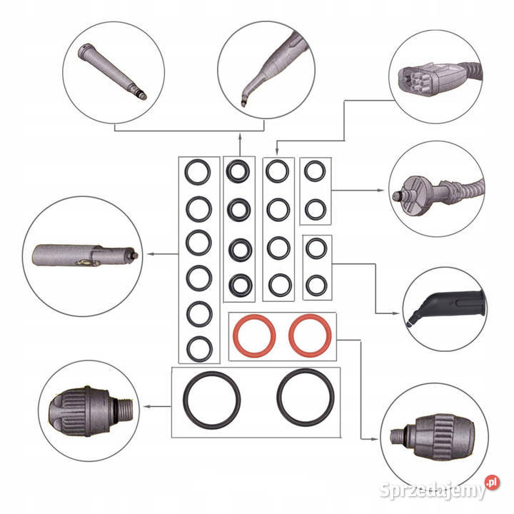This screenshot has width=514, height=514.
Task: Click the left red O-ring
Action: click(x=234, y=336)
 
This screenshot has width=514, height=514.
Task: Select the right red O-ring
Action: click(x=290, y=336)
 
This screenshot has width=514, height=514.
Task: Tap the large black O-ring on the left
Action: click(x=185, y=400)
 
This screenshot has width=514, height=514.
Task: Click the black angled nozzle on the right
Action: click(x=445, y=304)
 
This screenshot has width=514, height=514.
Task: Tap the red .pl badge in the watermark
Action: click(x=492, y=483)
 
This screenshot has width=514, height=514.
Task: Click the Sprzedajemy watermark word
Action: click(x=432, y=490)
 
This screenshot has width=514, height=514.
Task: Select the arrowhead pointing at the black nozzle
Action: click(x=396, y=313)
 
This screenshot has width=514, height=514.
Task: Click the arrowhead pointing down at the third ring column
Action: click(x=277, y=151)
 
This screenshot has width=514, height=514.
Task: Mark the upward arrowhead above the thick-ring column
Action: click(x=240, y=136)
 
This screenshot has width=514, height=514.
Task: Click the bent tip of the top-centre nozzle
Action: click(x=243, y=101)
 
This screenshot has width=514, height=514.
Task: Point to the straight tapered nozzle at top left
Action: click(x=112, y=71)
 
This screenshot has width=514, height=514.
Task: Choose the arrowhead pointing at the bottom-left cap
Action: click(x=148, y=406)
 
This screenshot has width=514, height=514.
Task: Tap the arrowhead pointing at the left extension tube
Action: click(x=151, y=254)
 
